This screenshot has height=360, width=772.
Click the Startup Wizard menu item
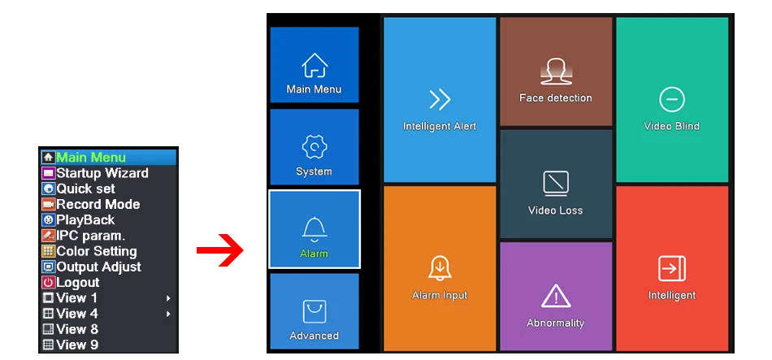102,173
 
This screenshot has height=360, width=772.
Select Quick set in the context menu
85,189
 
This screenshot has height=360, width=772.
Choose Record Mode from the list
98,204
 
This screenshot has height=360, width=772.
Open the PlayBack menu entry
85,219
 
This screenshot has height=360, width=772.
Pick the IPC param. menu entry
90,236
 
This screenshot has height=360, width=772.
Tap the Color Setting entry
96,251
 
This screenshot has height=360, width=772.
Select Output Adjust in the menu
98,267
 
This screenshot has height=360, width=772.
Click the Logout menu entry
77,282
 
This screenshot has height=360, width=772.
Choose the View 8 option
76,329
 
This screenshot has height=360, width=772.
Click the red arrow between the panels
219,250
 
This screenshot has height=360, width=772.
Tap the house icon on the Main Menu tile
314,65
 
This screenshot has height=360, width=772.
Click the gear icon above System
314,148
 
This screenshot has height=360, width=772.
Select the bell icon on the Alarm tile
314,228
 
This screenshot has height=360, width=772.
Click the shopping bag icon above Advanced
314,312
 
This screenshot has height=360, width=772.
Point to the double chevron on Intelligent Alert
440,100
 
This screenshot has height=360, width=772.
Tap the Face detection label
556,98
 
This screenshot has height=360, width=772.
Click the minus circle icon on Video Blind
672,100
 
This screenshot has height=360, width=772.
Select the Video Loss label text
556,210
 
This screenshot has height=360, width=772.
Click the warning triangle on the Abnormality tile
556,296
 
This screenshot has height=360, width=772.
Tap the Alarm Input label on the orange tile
440,295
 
